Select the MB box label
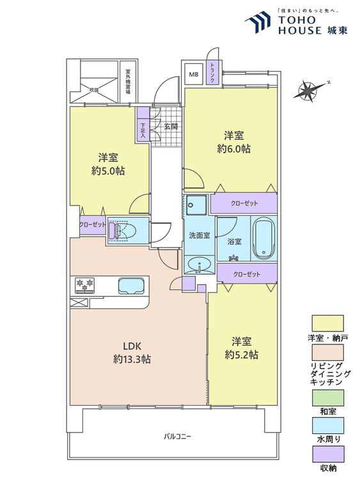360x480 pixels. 193,74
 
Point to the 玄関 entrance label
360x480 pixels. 171,127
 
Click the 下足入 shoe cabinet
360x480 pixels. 143,127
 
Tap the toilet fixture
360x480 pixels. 121,231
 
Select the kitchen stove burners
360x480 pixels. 84,284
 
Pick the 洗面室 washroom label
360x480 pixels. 199,235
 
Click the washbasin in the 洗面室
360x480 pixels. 199,263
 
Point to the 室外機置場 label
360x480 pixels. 128,82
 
